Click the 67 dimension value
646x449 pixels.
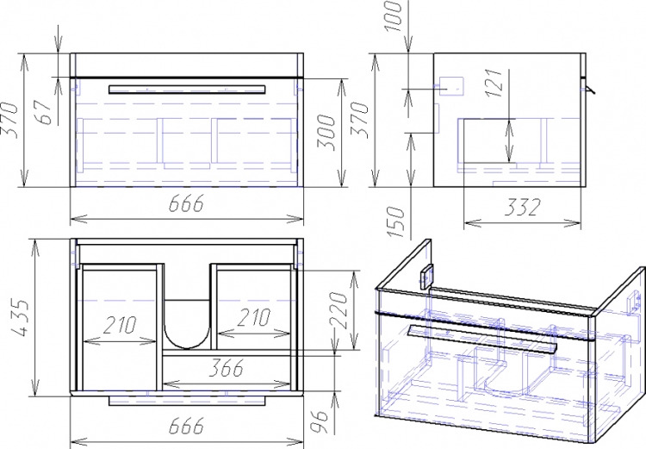(46, 111)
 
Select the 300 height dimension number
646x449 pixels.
(326, 133)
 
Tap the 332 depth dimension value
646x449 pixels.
(522, 207)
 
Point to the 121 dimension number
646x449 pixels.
(495, 83)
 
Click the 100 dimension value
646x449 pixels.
(394, 16)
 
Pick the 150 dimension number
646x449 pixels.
(396, 221)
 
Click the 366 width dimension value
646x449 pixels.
(227, 368)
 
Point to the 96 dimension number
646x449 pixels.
(320, 421)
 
